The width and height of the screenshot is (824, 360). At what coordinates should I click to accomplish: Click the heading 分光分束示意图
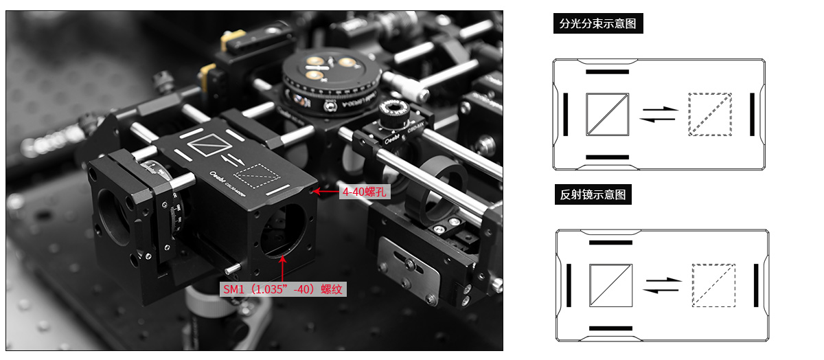point(597,24)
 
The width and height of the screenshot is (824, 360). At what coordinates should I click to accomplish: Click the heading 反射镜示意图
point(593,194)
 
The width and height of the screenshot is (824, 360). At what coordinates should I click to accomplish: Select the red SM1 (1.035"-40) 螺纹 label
point(283,289)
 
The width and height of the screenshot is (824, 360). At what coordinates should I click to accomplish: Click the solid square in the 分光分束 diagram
point(608,114)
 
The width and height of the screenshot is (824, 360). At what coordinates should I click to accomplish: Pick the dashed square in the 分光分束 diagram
point(710,114)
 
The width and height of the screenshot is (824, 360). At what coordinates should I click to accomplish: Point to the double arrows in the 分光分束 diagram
point(659,114)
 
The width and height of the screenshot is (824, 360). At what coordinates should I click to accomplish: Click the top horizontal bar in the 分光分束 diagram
point(607,71)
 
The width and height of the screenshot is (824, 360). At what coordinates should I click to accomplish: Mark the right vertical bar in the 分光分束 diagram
point(752,114)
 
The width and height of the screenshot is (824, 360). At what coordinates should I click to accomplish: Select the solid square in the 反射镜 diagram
point(610,285)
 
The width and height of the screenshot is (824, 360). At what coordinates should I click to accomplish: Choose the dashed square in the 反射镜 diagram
point(713,285)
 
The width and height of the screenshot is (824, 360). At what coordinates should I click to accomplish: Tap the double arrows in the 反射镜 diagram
point(661,285)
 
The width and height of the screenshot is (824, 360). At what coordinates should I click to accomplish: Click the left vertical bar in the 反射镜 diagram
point(569,285)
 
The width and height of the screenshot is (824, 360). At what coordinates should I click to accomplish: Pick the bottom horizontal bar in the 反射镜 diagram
point(610,328)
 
